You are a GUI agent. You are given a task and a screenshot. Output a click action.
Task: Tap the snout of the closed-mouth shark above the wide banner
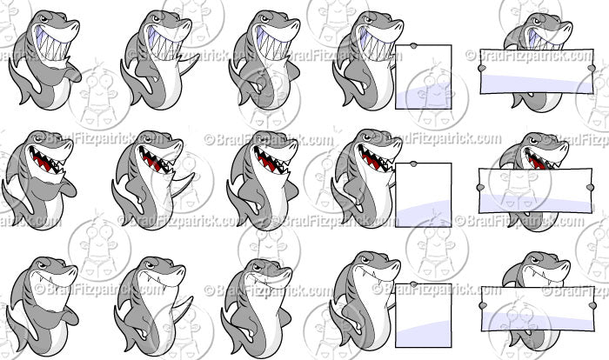tap(544, 265)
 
